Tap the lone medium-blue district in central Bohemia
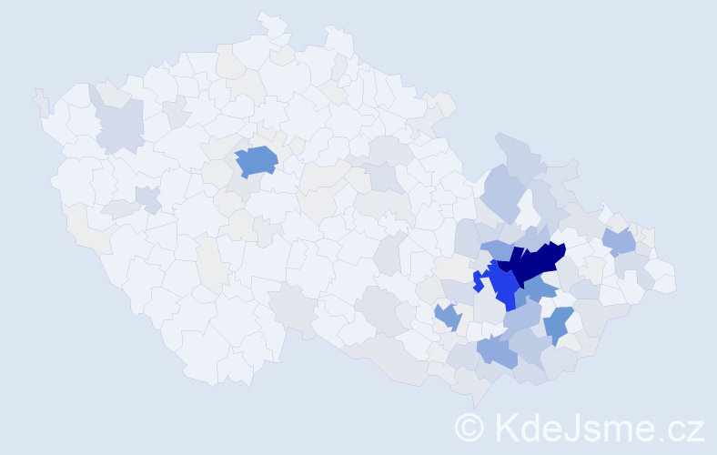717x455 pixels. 258,161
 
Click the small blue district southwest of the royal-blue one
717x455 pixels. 447,317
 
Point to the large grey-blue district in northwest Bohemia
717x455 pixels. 121,125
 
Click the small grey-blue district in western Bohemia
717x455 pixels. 147,197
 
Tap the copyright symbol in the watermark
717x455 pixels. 469,427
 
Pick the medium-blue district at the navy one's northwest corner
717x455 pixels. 497,249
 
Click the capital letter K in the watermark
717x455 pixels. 504,427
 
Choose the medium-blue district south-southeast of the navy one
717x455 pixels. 558,324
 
